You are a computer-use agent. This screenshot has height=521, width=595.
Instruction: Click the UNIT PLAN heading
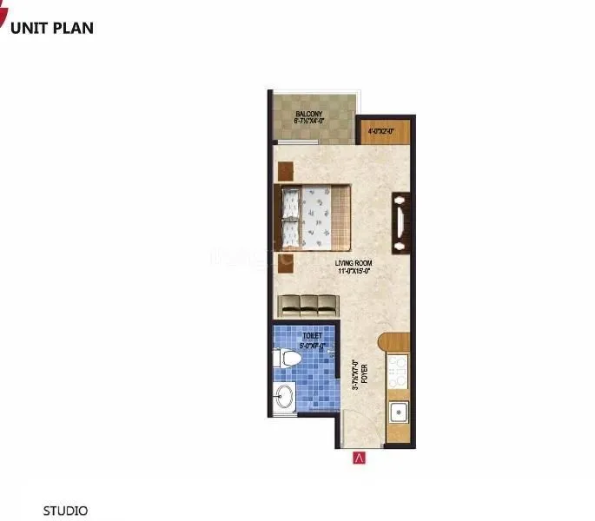pos(52,27)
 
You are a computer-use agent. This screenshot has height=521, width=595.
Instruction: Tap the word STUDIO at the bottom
pos(66,511)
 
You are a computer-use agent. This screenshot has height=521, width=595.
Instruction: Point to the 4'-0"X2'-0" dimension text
pos(380,132)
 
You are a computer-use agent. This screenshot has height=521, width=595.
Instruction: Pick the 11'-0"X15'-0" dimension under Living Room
pos(356,271)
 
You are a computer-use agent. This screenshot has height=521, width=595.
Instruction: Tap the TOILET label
pos(312,335)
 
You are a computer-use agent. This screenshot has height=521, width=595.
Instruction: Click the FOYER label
pos(367,383)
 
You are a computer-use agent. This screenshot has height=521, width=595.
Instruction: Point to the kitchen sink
pos(399,410)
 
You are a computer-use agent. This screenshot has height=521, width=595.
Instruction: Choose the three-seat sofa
pos(307,306)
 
